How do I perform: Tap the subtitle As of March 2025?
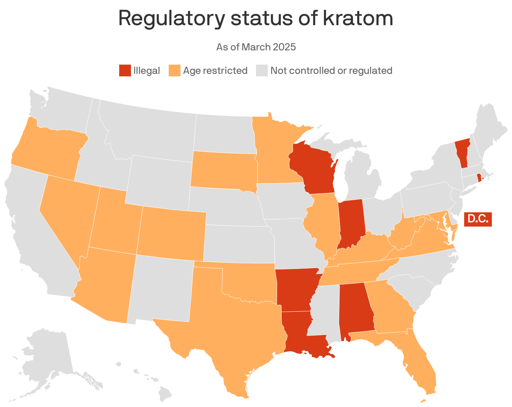(256, 47)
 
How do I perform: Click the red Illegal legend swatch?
(125, 70)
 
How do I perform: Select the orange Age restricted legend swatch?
(174, 70)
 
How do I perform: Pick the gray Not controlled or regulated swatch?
(261, 70)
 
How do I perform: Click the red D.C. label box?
(478, 219)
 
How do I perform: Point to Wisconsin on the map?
(313, 168)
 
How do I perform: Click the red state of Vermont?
(462, 153)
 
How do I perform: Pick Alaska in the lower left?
(46, 357)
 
